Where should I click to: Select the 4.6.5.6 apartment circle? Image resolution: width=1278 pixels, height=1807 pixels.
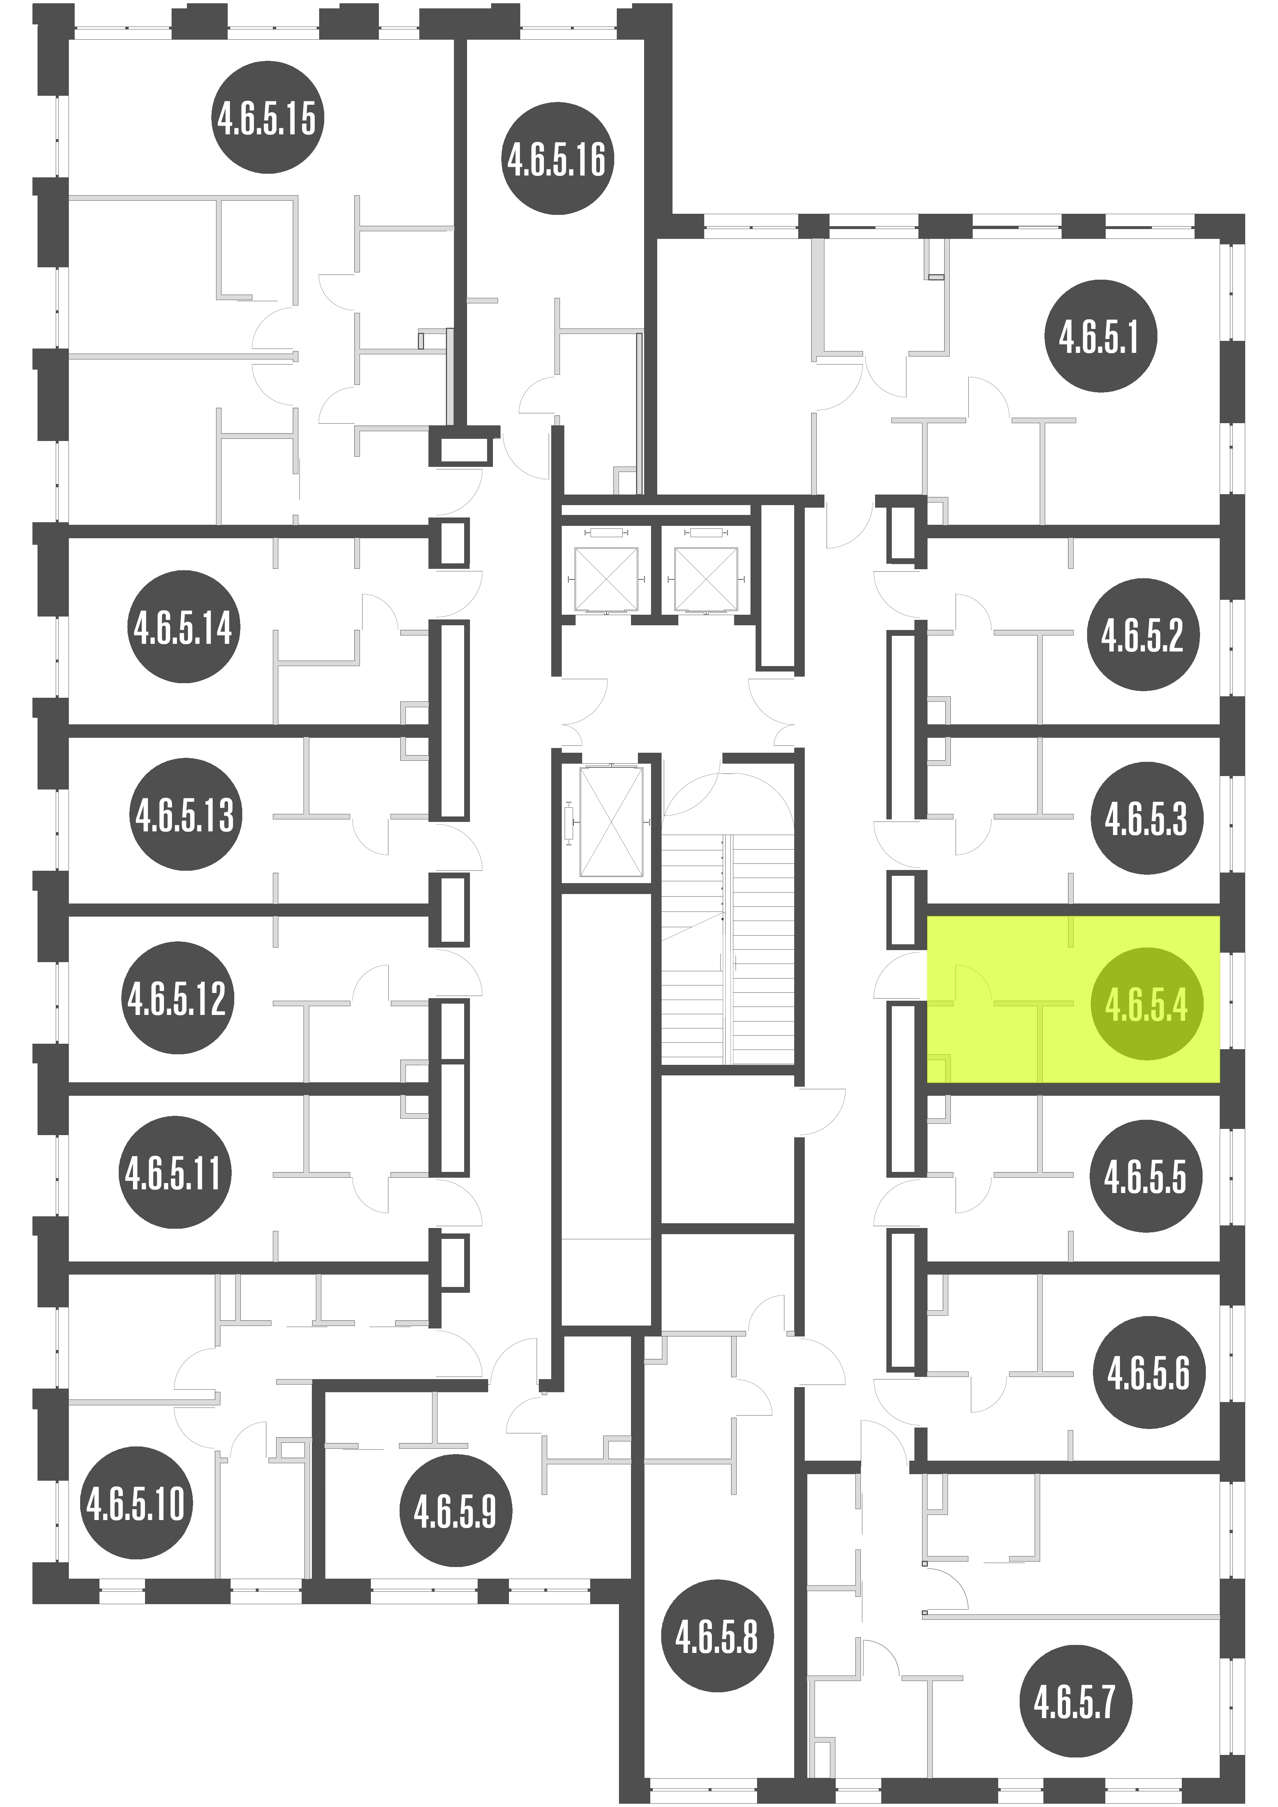click(1149, 1372)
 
